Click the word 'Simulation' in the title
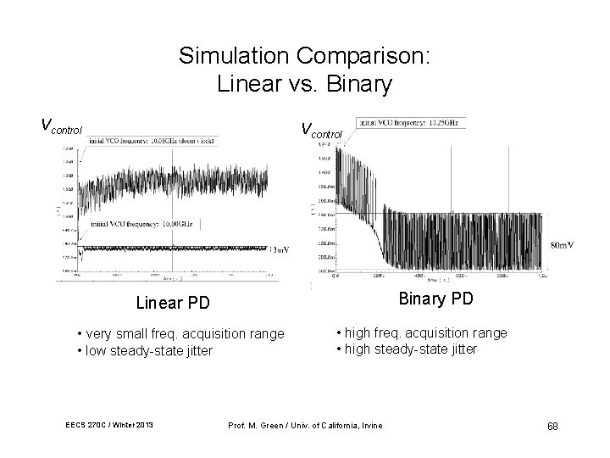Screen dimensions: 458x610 click(236, 57)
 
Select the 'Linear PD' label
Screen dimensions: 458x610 click(172, 303)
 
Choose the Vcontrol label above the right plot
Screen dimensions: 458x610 click(322, 131)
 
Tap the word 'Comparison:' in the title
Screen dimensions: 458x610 click(364, 57)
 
